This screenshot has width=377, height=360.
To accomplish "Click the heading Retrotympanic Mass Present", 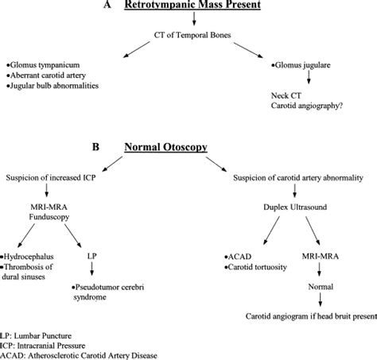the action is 192,5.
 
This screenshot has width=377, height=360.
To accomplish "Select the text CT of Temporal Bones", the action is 192,35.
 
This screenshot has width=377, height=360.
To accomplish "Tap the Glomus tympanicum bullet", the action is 43,65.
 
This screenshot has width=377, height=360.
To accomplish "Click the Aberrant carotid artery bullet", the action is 46,75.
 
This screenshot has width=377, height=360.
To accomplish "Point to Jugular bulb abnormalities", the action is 52,86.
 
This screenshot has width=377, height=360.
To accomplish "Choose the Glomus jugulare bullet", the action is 301,65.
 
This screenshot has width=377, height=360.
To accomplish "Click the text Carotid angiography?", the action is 307,106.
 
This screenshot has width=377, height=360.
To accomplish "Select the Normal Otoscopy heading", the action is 166,147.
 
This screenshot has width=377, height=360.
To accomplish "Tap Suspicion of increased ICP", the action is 51,177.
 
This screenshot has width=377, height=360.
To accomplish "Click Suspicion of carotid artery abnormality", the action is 298,178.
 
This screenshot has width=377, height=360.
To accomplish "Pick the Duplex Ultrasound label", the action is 295,207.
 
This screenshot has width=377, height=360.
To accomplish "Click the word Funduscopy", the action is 49,217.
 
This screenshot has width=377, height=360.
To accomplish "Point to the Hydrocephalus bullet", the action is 27,257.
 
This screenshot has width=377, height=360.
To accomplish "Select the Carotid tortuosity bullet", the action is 255,267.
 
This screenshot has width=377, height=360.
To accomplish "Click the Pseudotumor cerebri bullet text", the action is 108,292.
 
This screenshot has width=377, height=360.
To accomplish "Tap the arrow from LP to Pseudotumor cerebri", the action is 92,269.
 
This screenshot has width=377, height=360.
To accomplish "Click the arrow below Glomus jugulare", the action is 309,78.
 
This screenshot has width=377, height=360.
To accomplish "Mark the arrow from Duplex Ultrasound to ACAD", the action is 271,230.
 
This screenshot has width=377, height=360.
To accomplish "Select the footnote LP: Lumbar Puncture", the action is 36,336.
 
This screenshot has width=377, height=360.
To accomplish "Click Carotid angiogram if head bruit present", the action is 311,316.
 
